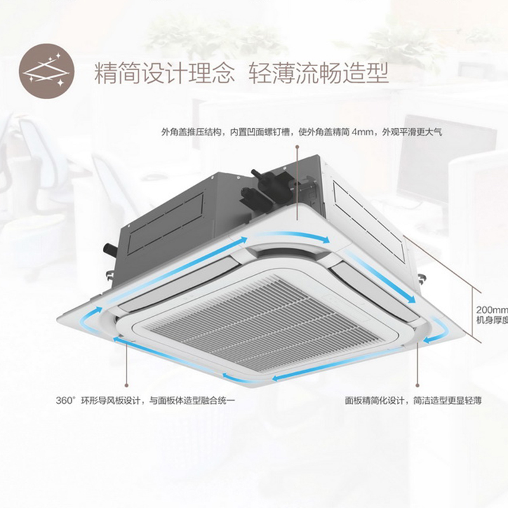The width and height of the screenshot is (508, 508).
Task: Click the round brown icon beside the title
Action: [x=46, y=71]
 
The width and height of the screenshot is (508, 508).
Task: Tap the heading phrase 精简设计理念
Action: [x=164, y=74]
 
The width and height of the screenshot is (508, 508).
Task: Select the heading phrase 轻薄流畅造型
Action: [x=319, y=74]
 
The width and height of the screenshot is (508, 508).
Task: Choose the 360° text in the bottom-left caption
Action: [x=65, y=401]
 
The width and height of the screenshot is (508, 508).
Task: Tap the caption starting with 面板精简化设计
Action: [x=413, y=401]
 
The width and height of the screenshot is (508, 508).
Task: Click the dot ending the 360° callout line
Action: [x=126, y=385]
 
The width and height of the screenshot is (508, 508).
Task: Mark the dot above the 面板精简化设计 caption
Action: [x=418, y=385]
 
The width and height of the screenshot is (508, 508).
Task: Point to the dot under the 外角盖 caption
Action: [x=297, y=147]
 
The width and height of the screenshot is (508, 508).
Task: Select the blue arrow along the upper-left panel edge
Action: [x=175, y=269]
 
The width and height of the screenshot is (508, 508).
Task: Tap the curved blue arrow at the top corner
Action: [x=292, y=236]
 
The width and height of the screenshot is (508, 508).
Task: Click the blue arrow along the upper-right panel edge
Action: [x=380, y=276]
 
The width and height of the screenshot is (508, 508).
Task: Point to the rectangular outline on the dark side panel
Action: [x=166, y=224]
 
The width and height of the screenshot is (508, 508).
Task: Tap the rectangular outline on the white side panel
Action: [x=369, y=221]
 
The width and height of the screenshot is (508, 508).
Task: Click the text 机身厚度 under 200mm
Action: [x=491, y=320]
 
